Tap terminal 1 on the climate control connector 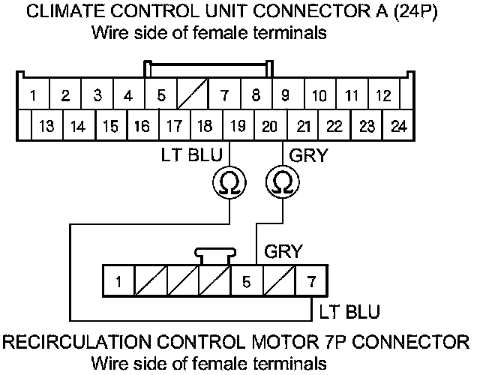tap(34, 96)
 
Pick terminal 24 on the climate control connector tap(398, 125)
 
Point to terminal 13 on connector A tap(46, 125)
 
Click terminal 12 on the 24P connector tap(383, 96)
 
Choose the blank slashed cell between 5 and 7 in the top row tap(191, 96)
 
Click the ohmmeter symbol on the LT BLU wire tap(228, 182)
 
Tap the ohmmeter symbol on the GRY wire tap(283, 182)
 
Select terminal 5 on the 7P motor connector tap(245, 283)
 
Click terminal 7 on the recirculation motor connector tap(310, 283)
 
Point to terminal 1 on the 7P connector tap(118, 283)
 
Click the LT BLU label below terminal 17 tap(187, 157)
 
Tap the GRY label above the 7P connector tap(283, 252)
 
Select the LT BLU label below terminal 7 tap(349, 310)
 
